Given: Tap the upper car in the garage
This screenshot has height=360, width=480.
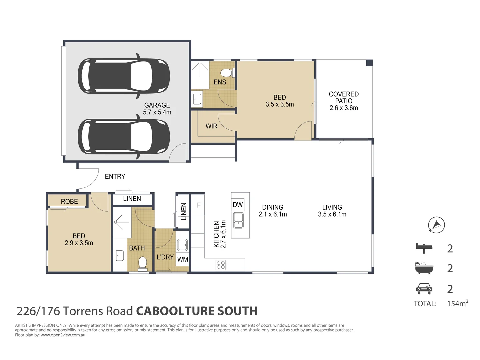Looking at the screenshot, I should pos(124,76).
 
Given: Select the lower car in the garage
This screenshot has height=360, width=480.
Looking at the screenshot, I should pos(124,137).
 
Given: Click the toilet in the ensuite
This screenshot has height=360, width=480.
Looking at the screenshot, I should pos(227,72).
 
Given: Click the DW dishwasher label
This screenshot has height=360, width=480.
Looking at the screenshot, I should pos(238,205).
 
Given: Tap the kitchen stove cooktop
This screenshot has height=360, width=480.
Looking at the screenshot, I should pos(221,265).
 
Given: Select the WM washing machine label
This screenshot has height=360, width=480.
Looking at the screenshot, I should pos(182,259).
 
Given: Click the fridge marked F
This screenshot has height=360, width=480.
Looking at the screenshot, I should pos(199,205).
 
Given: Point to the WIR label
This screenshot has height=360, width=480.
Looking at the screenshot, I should pos(211,126).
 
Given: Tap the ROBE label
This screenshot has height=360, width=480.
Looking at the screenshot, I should pos(69,201).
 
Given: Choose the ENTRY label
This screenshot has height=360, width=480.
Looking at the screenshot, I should pos(115,176).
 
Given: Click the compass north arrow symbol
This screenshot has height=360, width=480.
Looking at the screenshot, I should pos(436,225).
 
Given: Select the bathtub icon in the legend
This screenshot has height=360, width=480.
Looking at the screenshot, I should pos(424,268).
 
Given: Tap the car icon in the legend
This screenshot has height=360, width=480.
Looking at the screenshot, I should pos(424,289).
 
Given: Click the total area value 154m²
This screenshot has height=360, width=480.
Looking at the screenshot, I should pos(457,303).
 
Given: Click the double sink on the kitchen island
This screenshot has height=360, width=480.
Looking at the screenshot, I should pos(238,220).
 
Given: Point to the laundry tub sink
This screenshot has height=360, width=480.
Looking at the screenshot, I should pos(182,245).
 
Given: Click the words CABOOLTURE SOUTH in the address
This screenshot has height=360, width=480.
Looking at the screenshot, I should pos(197,311).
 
